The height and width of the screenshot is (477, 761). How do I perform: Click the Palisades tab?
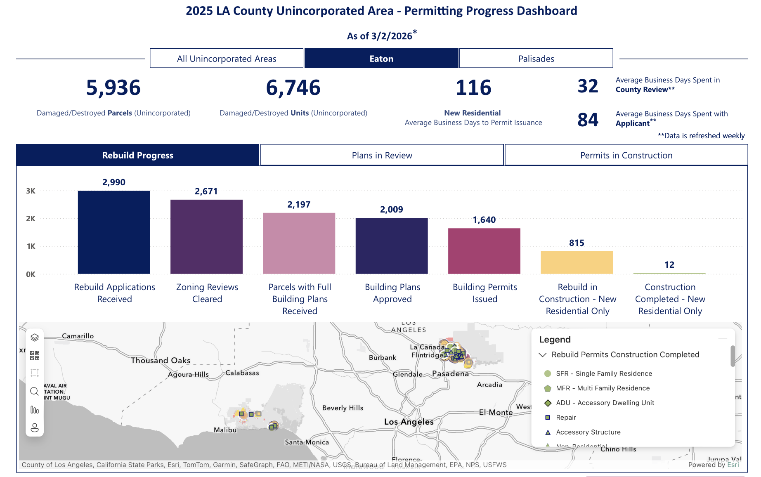click(536, 59)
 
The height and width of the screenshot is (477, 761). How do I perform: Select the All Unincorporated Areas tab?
click(227, 59)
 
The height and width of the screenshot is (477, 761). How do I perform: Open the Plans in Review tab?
click(382, 155)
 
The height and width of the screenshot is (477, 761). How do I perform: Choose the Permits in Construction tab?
click(626, 155)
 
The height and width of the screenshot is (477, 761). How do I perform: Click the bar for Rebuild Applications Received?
click(114, 232)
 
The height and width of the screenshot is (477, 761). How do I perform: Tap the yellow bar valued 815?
click(577, 262)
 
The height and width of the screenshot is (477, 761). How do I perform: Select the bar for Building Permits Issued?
click(484, 251)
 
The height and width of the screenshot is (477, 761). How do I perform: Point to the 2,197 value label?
click(299, 205)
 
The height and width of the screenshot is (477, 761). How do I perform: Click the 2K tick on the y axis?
click(31, 219)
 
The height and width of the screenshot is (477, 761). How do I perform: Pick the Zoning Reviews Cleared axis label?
click(207, 293)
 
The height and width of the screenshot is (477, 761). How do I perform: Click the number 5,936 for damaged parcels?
click(113, 88)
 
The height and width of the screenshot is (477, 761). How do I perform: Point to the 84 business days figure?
click(588, 120)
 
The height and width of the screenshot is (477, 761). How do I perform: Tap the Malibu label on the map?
click(225, 430)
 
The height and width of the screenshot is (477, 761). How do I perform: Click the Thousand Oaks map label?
click(161, 360)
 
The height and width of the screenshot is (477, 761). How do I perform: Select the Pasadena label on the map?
click(450, 373)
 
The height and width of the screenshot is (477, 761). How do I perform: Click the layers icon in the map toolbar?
click(35, 338)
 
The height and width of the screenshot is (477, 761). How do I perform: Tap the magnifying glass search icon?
click(35, 391)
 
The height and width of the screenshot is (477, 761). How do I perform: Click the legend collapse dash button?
click(722, 339)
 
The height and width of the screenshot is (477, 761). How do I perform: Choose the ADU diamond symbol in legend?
click(548, 403)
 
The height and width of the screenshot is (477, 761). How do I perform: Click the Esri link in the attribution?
click(733, 465)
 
